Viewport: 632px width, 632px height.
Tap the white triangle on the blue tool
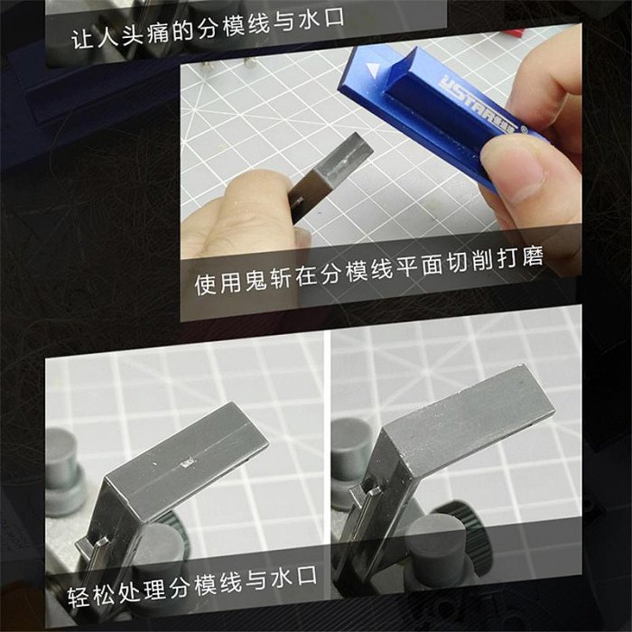coord(373,70)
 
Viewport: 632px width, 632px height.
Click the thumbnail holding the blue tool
coord(512,174)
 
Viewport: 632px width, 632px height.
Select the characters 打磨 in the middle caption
coord(520,258)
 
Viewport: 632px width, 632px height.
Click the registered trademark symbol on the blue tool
coord(524,130)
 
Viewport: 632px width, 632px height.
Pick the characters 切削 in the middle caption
coord(470,263)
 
